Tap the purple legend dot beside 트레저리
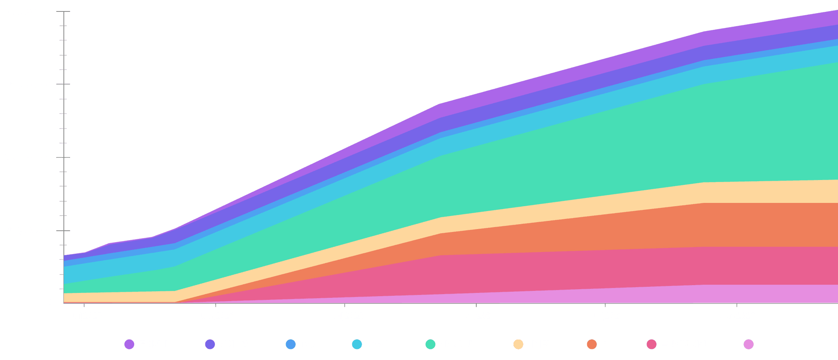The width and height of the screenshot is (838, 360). [129, 344]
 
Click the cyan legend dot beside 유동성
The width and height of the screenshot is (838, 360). [357, 344]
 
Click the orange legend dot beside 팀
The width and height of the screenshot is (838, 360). [592, 344]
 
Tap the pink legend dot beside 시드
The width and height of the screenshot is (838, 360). [748, 344]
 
